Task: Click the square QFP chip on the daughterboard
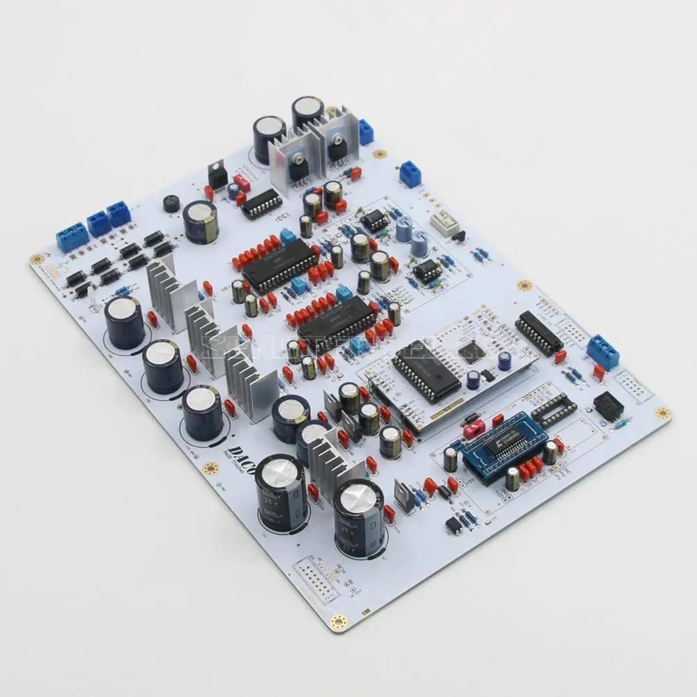click(471, 352)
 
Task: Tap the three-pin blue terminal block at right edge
click(602, 352)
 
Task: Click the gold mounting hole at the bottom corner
click(339, 622)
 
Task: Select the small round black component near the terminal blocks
click(171, 204)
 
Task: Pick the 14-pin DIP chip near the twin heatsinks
click(261, 204)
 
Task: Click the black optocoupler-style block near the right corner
click(607, 405)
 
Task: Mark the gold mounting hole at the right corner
click(662, 414)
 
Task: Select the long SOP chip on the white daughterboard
click(426, 372)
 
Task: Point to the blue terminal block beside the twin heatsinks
click(365, 131)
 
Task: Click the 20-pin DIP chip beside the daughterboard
click(539, 333)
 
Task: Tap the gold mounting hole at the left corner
click(36, 259)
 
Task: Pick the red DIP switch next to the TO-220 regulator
click(242, 183)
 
